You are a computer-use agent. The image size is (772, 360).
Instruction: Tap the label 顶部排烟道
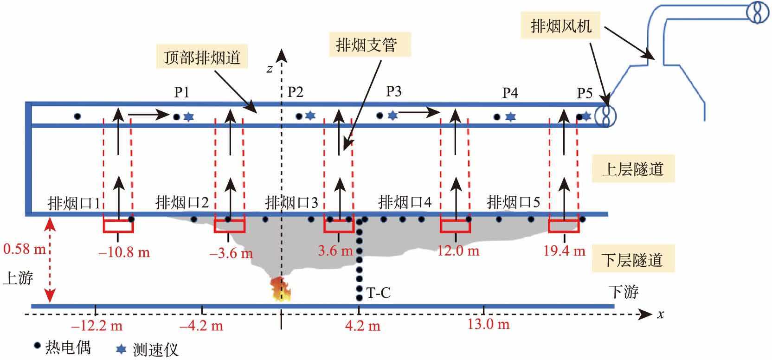pyautogui.click(x=202, y=58)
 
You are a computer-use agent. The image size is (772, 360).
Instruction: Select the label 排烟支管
pyautogui.click(x=366, y=45)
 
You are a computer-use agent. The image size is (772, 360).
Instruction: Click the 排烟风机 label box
pyautogui.click(x=561, y=26)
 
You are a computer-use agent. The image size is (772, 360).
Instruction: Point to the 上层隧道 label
pyautogui.click(x=633, y=169)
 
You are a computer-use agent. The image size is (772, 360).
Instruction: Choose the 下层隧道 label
pyautogui.click(x=633, y=260)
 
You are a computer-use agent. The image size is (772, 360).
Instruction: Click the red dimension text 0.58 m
pyautogui.click(x=24, y=249)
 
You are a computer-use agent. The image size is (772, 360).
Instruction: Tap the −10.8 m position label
pyautogui.click(x=124, y=253)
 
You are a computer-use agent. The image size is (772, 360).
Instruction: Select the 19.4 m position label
pyautogui.click(x=565, y=251)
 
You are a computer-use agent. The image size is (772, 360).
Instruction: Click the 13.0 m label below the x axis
pyautogui.click(x=488, y=324)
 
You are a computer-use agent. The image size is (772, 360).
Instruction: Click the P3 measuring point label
pyautogui.click(x=393, y=91)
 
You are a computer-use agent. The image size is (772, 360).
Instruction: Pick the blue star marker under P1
pyautogui.click(x=188, y=117)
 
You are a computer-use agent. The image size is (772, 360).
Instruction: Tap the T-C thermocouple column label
pyautogui.click(x=379, y=293)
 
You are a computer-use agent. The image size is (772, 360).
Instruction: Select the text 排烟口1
pyautogui.click(x=74, y=203)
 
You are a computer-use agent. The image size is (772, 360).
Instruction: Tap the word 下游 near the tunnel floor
pyautogui.click(x=623, y=291)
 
